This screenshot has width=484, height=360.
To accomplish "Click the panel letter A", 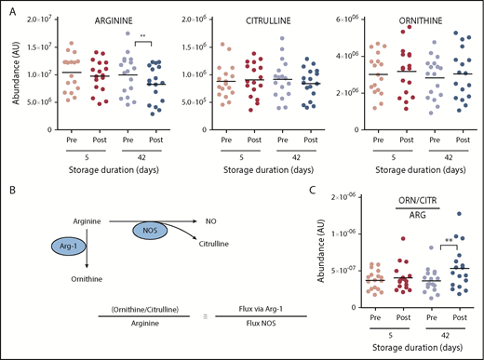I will click(x=8, y=8).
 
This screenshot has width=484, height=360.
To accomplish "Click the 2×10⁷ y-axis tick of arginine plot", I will click(x=41, y=19).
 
